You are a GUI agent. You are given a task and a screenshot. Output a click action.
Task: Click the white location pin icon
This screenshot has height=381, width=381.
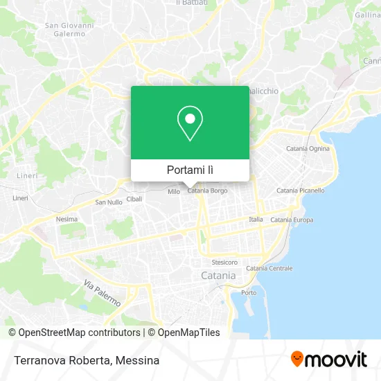(190, 123)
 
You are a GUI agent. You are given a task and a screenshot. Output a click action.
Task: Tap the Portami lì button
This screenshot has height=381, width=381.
(190, 170)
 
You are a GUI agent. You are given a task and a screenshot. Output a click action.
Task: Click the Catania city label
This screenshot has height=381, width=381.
(218, 275)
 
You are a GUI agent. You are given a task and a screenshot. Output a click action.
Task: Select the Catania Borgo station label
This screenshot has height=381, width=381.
(208, 190)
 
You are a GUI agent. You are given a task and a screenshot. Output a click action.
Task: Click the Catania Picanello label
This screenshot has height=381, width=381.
(300, 190)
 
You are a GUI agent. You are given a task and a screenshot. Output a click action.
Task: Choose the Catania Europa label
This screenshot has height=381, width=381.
(292, 220)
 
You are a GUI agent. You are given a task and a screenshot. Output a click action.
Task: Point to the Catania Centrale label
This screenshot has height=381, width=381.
(269, 268)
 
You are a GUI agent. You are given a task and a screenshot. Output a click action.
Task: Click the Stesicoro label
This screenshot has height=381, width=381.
(224, 263)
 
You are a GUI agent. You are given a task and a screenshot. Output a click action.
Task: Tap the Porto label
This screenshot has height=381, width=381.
(248, 293)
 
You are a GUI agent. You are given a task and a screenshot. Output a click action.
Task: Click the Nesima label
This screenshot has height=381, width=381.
(66, 220)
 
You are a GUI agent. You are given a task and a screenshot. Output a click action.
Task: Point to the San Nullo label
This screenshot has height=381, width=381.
(108, 202)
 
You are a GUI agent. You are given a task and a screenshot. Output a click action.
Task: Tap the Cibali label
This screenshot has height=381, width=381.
(134, 198)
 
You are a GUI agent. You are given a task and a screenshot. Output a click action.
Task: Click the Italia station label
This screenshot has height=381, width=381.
(256, 220)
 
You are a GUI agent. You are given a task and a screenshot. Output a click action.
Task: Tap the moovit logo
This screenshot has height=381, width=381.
(328, 360)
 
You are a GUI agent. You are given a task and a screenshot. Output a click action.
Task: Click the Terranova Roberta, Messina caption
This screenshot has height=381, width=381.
(85, 360)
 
